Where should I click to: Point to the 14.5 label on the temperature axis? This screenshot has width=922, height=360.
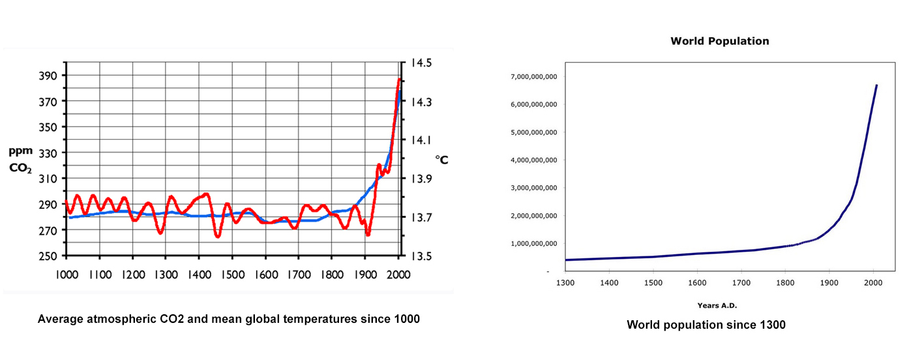(421, 63)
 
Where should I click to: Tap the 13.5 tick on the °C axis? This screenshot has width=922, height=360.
(421, 256)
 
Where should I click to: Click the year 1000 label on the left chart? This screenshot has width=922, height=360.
(66, 275)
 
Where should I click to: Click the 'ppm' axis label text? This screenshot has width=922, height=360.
(20, 151)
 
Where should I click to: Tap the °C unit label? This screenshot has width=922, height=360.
(441, 160)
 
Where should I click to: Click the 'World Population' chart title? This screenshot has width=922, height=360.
(720, 41)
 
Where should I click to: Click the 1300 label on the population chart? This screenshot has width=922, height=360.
(565, 283)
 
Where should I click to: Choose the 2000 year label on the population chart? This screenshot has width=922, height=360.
(872, 283)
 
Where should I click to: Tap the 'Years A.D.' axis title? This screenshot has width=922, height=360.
(717, 305)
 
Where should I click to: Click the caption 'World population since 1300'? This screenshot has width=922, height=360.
(706, 325)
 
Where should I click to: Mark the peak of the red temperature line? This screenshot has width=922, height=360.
(398, 80)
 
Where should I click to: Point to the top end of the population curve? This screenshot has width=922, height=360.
(876, 85)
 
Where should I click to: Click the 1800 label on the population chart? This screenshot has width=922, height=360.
(784, 283)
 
